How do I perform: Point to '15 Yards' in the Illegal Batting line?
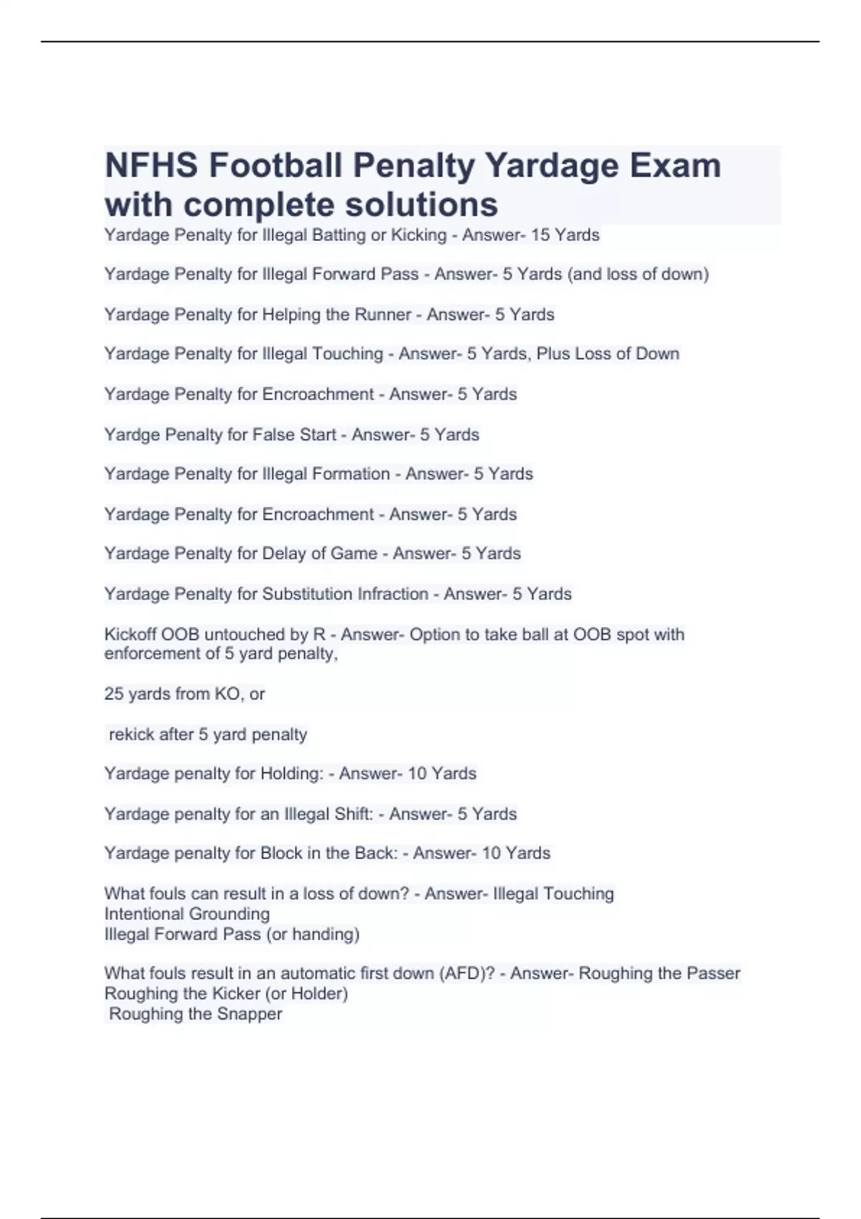(565, 235)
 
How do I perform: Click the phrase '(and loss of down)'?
(638, 274)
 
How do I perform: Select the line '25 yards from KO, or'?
(184, 694)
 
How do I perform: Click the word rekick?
(128, 734)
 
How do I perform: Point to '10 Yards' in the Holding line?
(441, 774)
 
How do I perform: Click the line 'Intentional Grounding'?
(187, 914)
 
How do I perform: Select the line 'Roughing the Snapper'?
(195, 1014)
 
